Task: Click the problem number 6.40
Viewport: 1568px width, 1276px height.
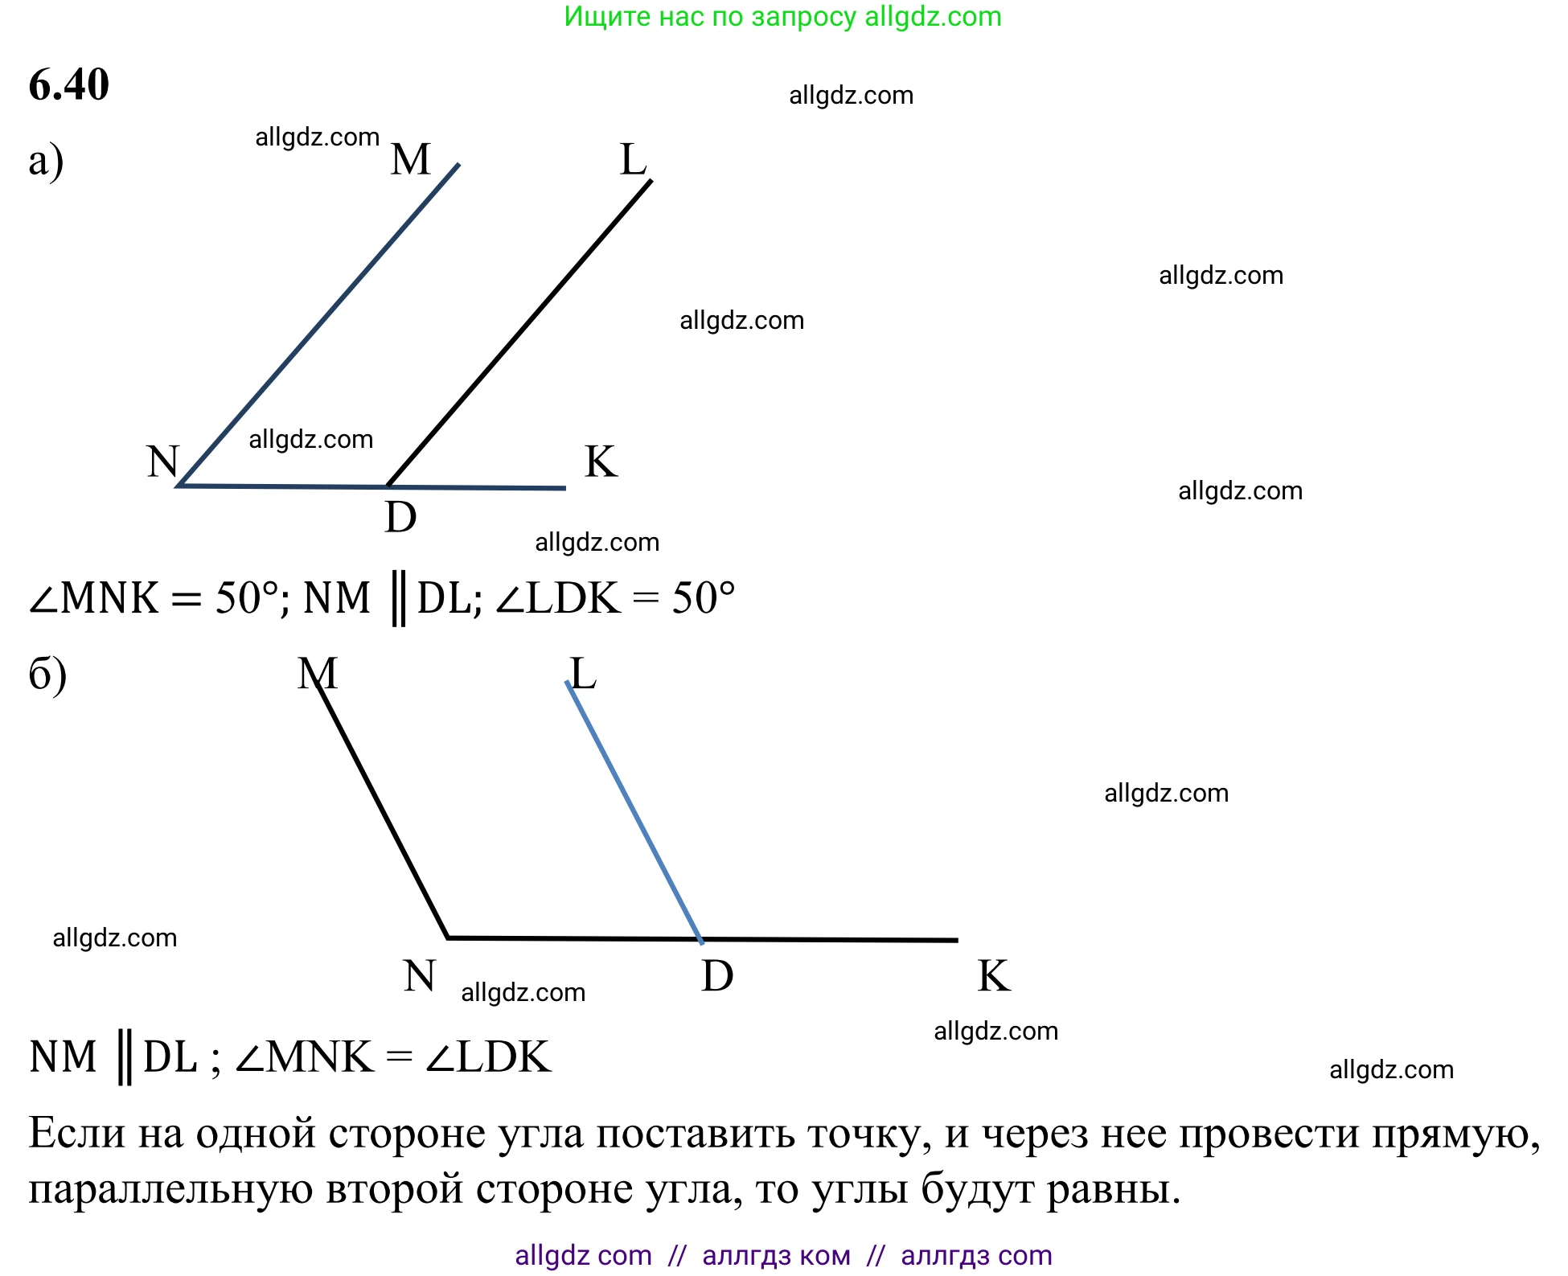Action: pos(69,84)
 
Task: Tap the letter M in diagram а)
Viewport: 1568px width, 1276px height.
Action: pos(411,159)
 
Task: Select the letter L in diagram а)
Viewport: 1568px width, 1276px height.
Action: pos(634,159)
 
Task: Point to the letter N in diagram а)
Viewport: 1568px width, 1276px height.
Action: pos(162,462)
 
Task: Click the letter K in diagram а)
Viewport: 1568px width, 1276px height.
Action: pos(601,462)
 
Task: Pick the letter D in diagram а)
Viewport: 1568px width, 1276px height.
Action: pos(400,517)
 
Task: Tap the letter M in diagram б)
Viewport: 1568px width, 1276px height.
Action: pos(318,673)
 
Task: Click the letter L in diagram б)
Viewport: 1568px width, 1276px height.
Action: pos(583,673)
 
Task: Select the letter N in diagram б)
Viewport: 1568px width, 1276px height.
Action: pos(419,976)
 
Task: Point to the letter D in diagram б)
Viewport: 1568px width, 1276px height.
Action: pos(717,976)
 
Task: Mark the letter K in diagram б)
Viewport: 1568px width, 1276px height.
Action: pos(994,976)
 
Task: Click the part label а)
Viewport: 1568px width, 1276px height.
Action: pos(46,161)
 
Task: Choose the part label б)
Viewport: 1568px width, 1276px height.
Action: pos(47,674)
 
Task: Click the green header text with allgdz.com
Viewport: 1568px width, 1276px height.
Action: pos(782,17)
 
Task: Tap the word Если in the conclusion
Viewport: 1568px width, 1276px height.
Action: pos(77,1134)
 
